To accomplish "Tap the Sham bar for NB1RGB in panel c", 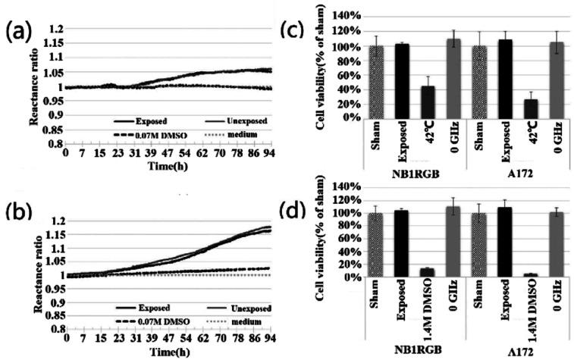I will click(376, 82).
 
